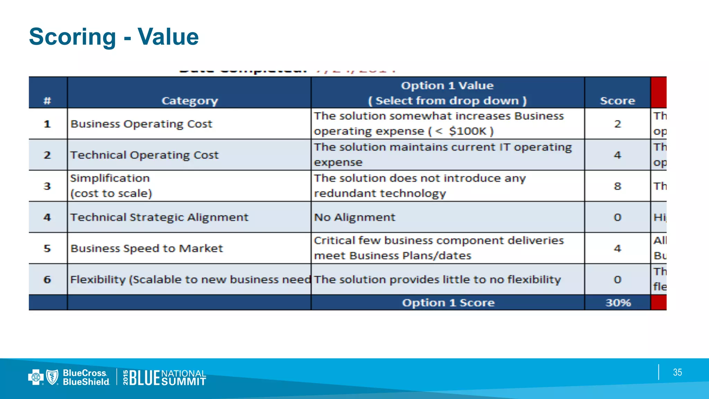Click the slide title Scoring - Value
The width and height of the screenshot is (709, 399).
tap(114, 37)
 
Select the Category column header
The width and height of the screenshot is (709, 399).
tap(189, 100)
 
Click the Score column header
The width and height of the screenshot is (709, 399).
tap(617, 100)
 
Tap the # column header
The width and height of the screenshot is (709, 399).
tap(47, 100)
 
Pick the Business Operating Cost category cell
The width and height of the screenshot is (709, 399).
tap(141, 124)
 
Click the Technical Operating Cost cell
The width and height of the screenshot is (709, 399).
tap(144, 155)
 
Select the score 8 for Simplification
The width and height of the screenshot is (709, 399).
tap(617, 186)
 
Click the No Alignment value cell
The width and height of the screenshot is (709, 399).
tap(354, 217)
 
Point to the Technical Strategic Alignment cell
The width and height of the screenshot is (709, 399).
tap(159, 217)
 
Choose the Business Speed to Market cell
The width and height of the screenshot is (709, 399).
tap(146, 248)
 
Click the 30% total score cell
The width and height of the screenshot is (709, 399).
tap(618, 303)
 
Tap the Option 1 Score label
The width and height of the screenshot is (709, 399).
tap(448, 303)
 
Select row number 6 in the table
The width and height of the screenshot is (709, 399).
tap(47, 280)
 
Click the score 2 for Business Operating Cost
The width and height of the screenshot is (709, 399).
tap(617, 124)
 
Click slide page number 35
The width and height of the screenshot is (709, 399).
tap(677, 372)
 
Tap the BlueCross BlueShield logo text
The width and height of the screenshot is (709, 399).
tap(86, 377)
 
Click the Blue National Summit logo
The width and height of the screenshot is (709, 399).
tap(165, 377)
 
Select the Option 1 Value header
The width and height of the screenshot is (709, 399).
tap(447, 93)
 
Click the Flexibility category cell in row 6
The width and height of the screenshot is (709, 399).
tap(190, 280)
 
